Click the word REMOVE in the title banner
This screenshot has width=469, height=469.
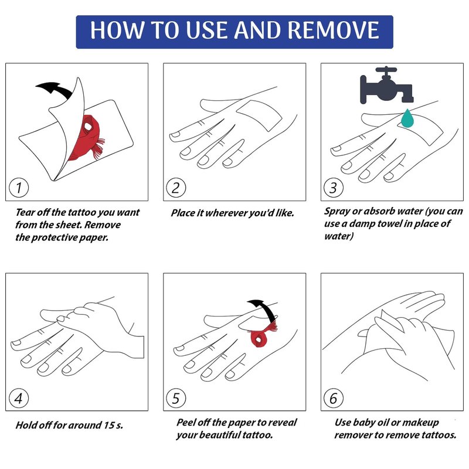pyautogui.click(x=334, y=30)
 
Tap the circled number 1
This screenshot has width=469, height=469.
pyautogui.click(x=19, y=188)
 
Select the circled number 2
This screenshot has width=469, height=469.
pyautogui.click(x=176, y=188)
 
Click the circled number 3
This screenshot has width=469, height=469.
pyautogui.click(x=334, y=188)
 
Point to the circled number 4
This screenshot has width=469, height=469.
pyautogui.click(x=19, y=398)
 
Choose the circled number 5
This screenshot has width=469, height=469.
pyautogui.click(x=176, y=398)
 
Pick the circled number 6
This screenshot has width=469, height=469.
pyautogui.click(x=334, y=398)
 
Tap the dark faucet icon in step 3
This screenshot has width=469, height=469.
pyautogui.click(x=386, y=85)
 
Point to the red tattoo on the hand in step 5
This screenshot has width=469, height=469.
pyautogui.click(x=261, y=335)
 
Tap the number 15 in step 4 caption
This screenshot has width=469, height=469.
pyautogui.click(x=109, y=425)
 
